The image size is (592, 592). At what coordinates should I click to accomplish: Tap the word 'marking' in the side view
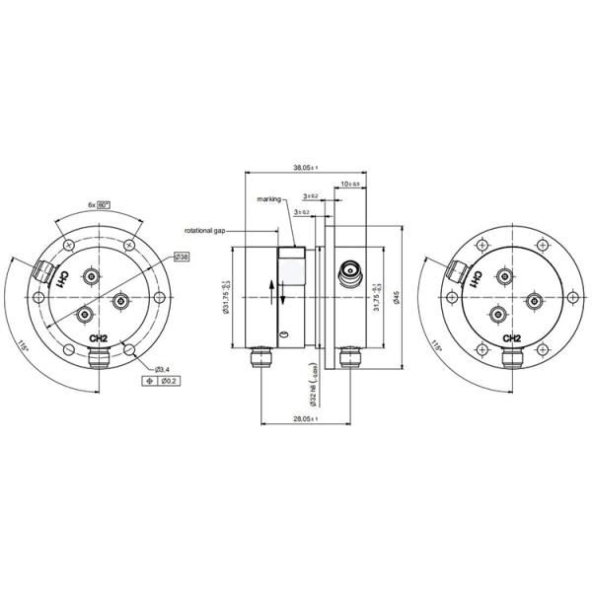(x=269, y=198)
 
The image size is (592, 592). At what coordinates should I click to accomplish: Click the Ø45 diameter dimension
(x=395, y=297)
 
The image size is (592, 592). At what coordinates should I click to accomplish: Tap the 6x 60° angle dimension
(x=99, y=204)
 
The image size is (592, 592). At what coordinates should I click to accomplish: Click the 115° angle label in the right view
(x=436, y=347)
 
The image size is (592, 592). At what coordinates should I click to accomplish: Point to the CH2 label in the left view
(x=98, y=338)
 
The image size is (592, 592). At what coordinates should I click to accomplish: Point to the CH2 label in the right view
(x=511, y=338)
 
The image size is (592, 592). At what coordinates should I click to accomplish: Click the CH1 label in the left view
(x=63, y=280)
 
